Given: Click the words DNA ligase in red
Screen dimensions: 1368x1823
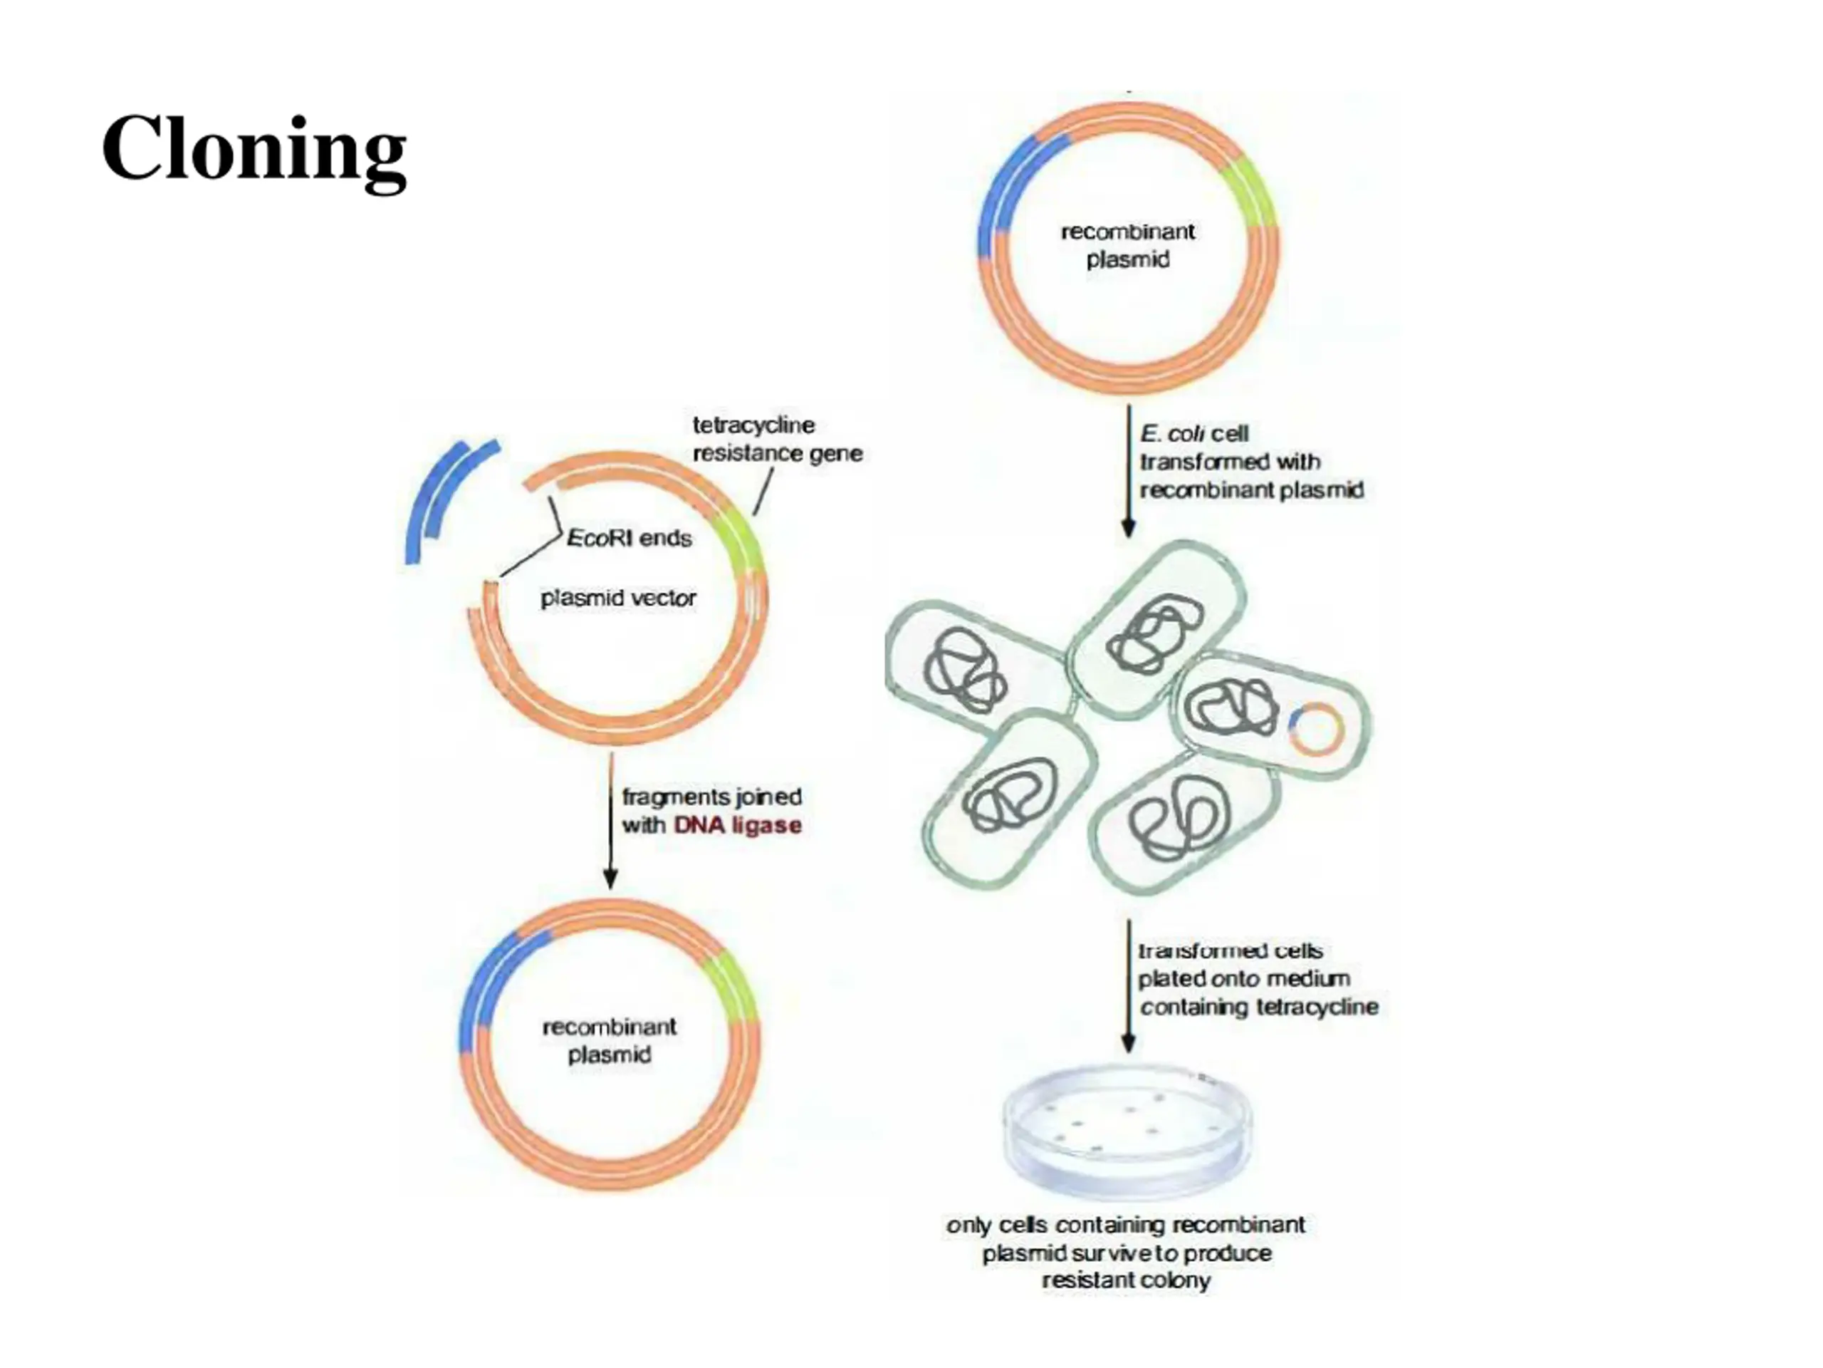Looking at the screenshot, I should [x=738, y=825].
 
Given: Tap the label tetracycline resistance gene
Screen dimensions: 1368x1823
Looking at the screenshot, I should [x=776, y=440].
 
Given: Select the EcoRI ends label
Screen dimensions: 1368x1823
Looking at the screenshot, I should [x=630, y=539].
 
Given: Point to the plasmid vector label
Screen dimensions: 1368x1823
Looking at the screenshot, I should [x=618, y=598].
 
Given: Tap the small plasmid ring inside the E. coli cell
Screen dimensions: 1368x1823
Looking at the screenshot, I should [x=1316, y=729].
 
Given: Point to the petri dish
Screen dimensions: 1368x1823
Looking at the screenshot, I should [x=1127, y=1130].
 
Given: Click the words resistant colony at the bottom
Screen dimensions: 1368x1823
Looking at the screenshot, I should [x=1126, y=1280].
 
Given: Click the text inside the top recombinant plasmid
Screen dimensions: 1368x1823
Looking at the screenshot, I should [x=1127, y=246].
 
